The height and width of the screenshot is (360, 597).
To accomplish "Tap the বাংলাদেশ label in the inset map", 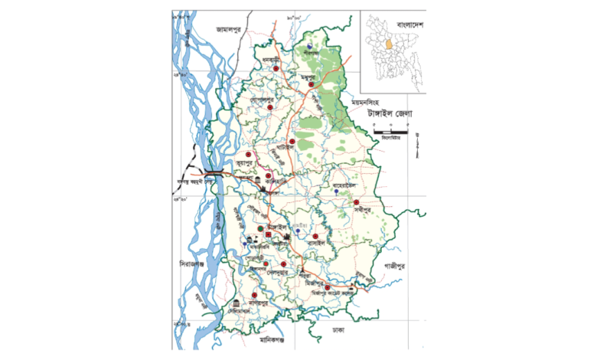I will [x=406, y=26].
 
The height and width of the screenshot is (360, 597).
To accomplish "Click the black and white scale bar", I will [x=390, y=133].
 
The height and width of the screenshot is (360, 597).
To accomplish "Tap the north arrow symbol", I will [x=417, y=144].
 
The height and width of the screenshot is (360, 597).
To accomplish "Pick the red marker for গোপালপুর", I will [x=271, y=108].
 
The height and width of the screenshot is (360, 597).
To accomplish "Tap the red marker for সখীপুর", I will [x=356, y=201].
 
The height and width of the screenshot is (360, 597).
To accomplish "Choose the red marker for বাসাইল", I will [x=315, y=236].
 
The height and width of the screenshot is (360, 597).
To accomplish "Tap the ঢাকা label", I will [x=338, y=331].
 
